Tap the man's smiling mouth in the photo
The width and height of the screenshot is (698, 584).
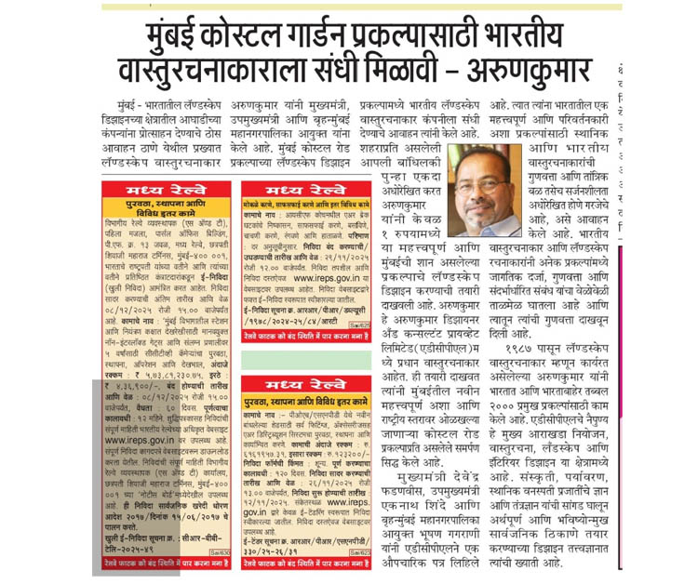pos(483,200)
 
